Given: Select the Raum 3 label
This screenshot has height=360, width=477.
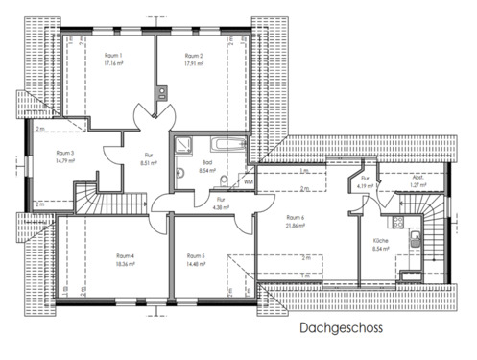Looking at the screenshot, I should point(65,153).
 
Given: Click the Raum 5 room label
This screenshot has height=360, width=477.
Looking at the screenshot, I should point(197,255).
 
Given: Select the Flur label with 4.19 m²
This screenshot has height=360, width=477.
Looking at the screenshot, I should point(365,179).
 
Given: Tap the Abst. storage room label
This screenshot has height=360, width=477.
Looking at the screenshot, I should point(417,179).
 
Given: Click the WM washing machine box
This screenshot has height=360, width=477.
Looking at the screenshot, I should point(248,180).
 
